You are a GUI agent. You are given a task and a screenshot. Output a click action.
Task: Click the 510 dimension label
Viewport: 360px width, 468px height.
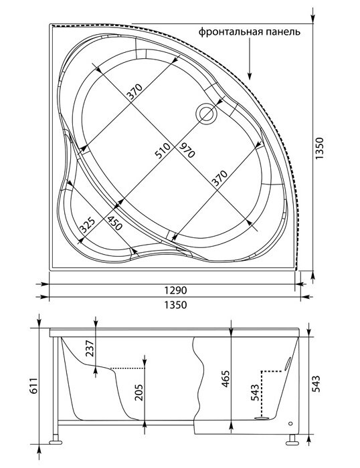[163, 150]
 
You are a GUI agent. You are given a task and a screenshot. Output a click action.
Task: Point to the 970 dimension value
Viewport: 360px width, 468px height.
[187, 150]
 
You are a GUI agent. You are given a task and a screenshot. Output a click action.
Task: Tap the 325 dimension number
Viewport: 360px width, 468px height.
[87, 225]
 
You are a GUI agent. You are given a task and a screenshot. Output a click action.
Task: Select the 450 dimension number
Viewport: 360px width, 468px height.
[115, 223]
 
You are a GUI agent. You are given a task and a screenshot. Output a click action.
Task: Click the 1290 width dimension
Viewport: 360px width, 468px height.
[175, 289]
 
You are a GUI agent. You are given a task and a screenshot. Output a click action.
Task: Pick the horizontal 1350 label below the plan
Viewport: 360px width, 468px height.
[175, 305]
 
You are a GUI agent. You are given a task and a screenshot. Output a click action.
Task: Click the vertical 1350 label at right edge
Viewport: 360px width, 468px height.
[320, 148]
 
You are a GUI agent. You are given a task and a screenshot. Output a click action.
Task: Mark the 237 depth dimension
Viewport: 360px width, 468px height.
[90, 348]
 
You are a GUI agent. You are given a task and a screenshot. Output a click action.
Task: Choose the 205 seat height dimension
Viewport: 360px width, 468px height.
[139, 392]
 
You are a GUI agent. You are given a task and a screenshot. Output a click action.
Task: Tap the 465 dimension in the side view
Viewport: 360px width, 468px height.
[226, 379]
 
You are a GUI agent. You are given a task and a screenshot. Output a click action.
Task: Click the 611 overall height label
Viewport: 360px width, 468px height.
[33, 385]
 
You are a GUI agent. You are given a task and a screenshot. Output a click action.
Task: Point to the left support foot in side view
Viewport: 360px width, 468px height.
[56, 442]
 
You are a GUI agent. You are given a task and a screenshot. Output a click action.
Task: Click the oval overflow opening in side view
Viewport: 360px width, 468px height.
[288, 363]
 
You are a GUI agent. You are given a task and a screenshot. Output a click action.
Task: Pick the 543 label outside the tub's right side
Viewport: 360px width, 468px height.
[316, 384]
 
